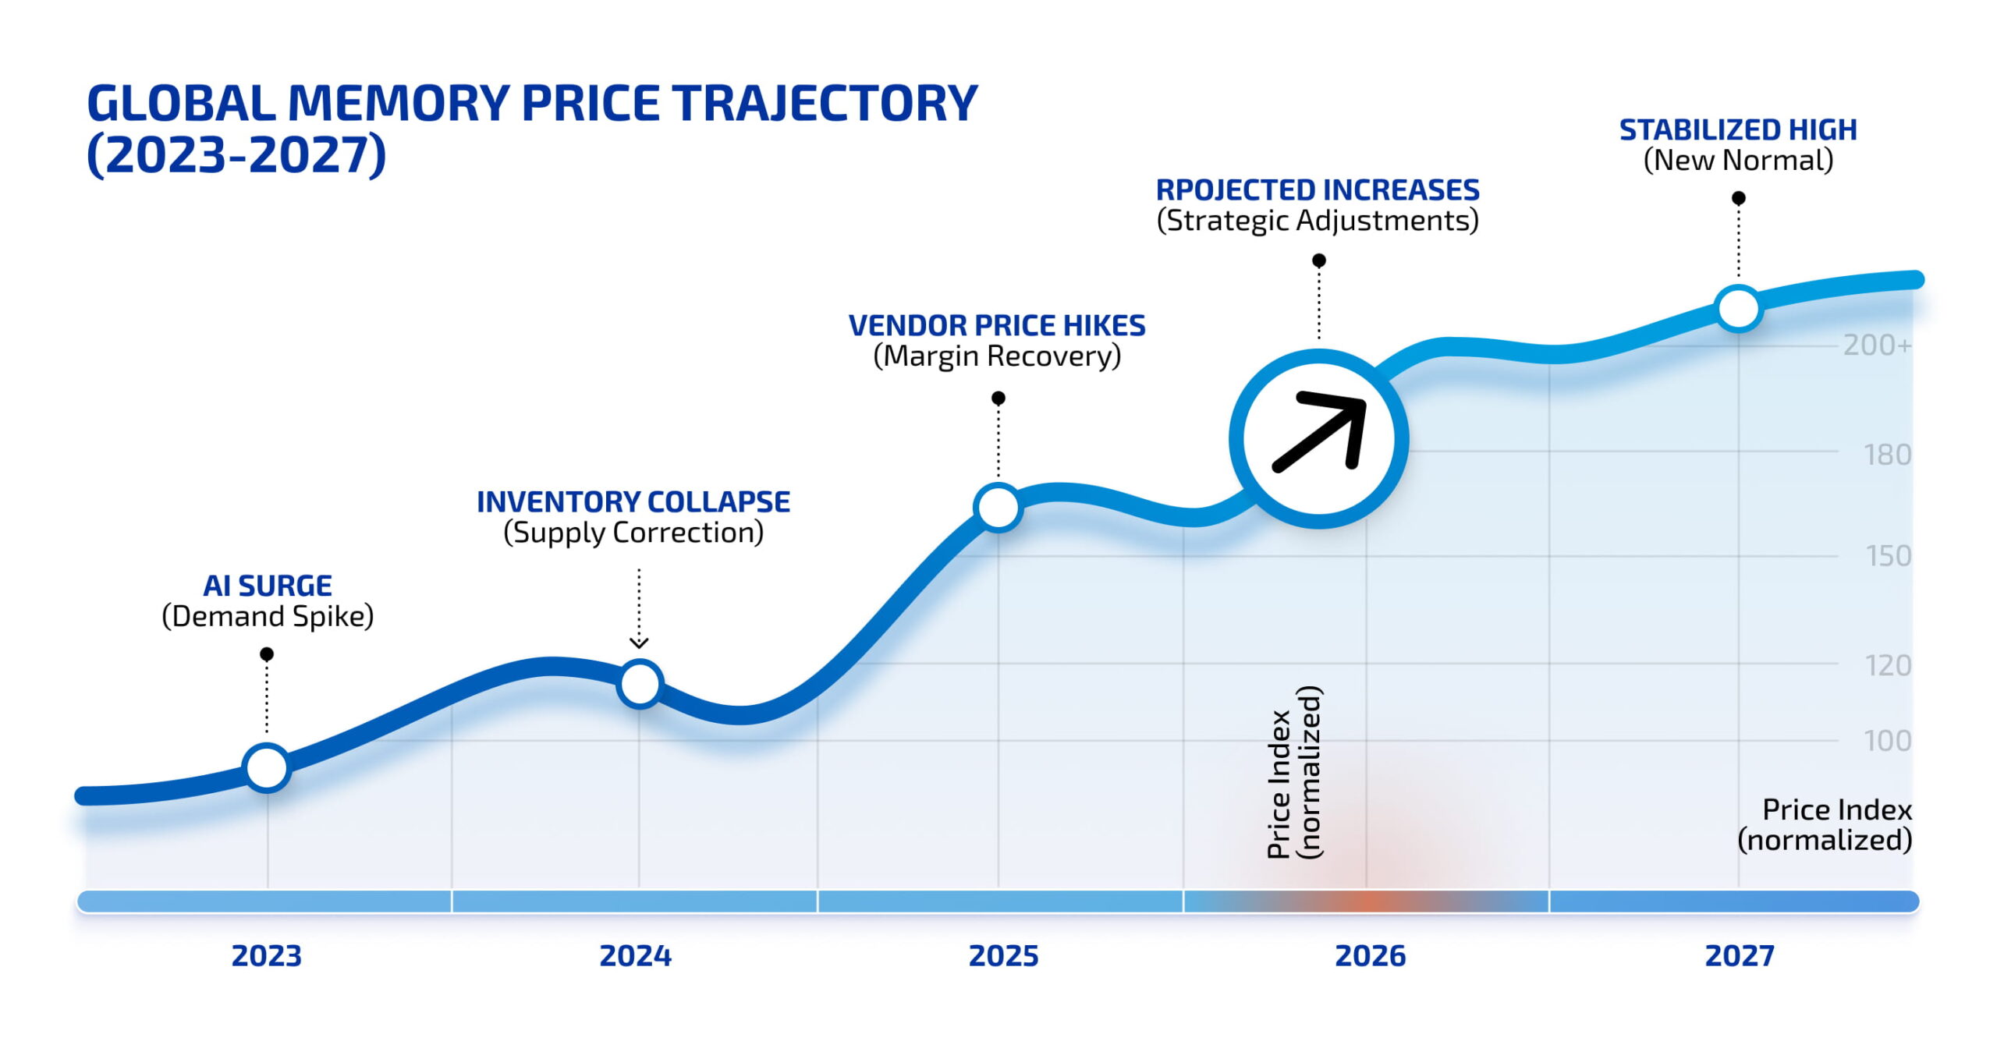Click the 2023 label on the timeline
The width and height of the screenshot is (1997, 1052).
pyautogui.click(x=266, y=955)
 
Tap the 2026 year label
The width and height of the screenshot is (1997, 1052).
pyautogui.click(x=1370, y=955)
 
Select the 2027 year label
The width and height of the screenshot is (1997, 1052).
pyautogui.click(x=1739, y=955)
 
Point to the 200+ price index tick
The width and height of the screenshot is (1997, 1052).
pyautogui.click(x=1876, y=345)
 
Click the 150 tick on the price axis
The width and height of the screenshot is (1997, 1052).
pyautogui.click(x=1887, y=556)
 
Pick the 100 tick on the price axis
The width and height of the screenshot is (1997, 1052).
pyautogui.click(x=1887, y=740)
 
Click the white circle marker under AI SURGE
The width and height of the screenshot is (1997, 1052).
pyautogui.click(x=267, y=767)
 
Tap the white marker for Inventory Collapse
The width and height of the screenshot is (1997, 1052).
pyautogui.click(x=640, y=684)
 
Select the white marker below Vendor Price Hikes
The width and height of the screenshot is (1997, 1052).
pyautogui.click(x=998, y=508)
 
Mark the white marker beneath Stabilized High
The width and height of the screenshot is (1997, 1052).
pyautogui.click(x=1738, y=308)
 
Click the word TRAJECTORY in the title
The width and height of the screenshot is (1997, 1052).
pyautogui.click(x=825, y=103)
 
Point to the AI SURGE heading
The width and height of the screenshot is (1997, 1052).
pyautogui.click(x=267, y=585)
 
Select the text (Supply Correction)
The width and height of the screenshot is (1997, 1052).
pyautogui.click(x=633, y=533)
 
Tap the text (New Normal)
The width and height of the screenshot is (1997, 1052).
pyautogui.click(x=1738, y=160)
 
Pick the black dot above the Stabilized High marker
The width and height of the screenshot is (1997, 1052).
pyautogui.click(x=1738, y=198)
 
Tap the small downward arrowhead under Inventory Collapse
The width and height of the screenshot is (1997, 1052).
pyautogui.click(x=639, y=643)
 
